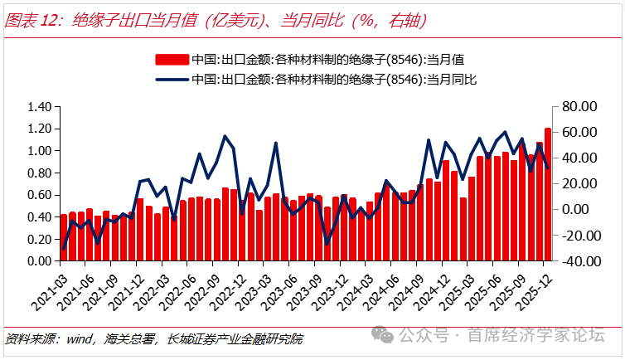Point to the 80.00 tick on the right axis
pyautogui.click(x=578, y=107)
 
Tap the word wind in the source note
pyautogui.click(x=79, y=338)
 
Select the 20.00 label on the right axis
pyautogui.click(x=578, y=183)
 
